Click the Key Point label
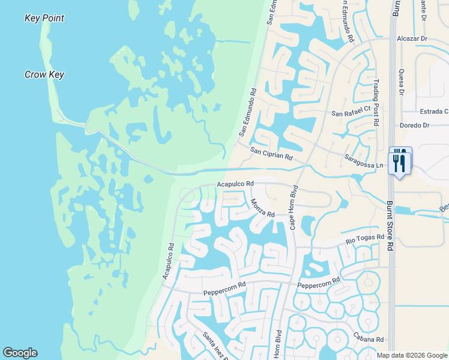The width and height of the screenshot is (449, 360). (x=44, y=18)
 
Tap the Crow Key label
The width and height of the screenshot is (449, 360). (x=44, y=75)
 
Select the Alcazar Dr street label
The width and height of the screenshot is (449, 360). (x=412, y=38)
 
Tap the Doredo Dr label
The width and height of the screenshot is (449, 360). (x=415, y=125)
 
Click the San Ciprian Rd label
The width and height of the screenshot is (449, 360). (x=271, y=154)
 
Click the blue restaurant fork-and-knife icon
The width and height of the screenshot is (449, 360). (x=400, y=161)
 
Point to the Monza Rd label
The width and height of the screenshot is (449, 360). (x=262, y=208)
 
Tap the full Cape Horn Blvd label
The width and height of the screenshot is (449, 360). (x=294, y=207)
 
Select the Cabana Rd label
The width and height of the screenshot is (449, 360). (x=368, y=339)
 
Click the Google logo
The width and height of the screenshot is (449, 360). (x=20, y=353)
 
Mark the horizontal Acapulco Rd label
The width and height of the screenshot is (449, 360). (x=236, y=183)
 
